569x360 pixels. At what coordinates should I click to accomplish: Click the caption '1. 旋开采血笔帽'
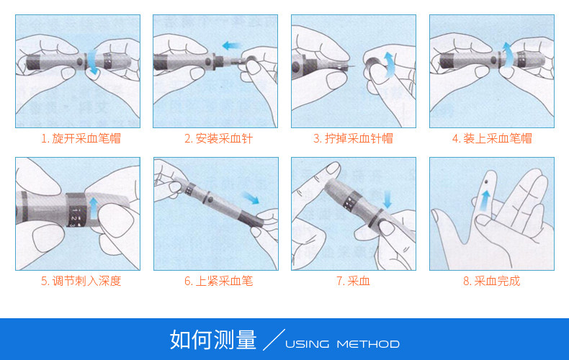tap(81, 138)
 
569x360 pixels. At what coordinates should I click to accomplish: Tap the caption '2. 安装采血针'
tap(218, 138)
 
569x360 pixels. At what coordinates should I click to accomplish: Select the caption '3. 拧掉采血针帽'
tap(353, 138)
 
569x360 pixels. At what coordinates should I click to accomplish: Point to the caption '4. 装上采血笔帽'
tap(492, 138)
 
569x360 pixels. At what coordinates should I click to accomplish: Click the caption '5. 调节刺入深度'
tap(81, 281)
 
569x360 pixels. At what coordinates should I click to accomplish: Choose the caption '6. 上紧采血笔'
tap(218, 281)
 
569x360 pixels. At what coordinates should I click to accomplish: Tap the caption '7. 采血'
tap(353, 281)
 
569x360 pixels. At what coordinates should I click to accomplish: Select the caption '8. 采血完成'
tap(492, 281)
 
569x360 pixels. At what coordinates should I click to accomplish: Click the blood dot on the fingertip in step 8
tap(486, 181)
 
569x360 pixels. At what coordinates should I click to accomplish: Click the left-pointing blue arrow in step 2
tap(231, 46)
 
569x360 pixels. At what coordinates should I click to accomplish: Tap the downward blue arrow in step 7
tap(387, 199)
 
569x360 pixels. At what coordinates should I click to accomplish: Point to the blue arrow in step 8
tap(485, 201)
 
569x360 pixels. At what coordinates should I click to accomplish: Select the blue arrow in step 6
tap(251, 198)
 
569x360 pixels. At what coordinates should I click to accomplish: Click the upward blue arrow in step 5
tap(94, 208)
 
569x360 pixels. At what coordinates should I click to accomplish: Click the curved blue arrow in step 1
tap(93, 62)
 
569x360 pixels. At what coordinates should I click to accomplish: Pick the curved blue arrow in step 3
tap(389, 65)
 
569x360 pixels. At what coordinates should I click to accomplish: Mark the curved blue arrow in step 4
tap(508, 55)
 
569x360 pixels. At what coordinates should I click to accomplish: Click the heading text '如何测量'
tap(213, 340)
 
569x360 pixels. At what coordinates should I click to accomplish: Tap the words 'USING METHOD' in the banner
tap(342, 344)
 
